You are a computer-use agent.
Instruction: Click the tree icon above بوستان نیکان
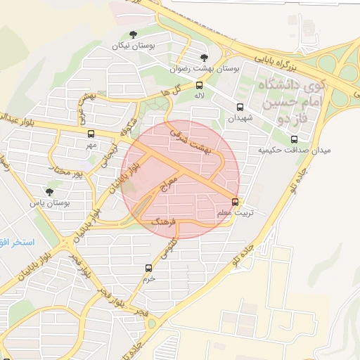[134, 33]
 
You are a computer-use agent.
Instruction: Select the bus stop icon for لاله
[200, 86]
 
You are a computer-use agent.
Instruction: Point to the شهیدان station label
[240, 119]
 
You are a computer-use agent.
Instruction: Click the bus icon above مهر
[91, 134]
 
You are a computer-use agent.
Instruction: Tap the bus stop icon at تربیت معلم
[235, 200]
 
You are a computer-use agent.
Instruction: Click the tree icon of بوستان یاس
[49, 191]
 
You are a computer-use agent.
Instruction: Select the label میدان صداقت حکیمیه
[294, 150]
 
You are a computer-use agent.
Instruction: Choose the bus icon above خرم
[148, 268]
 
